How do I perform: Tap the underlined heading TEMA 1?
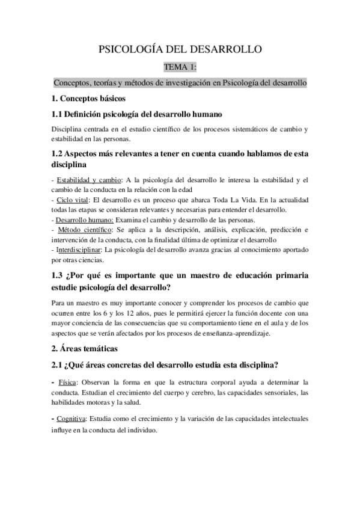(180, 67)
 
